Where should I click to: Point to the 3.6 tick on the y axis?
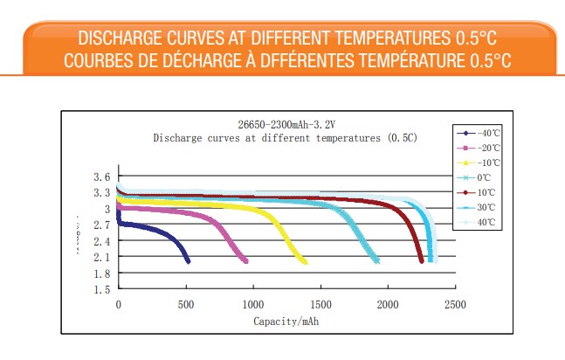100,177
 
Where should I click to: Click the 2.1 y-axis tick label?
100,257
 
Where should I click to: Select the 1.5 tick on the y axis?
100,289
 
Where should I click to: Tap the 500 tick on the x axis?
185,305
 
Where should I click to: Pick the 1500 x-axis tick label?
320,305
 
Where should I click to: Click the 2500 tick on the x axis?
455,305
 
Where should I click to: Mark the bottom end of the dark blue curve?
188,261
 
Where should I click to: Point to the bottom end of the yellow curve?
305,261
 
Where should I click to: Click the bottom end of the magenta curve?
245,260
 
